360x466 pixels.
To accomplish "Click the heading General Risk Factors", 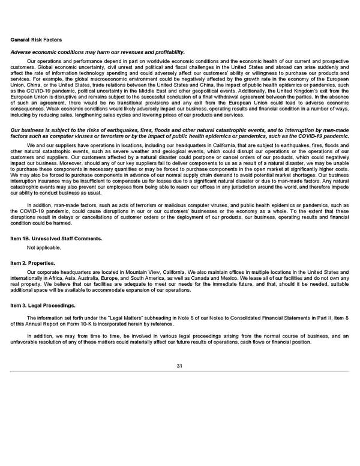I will click(36, 40).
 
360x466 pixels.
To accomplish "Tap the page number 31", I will click(179, 366).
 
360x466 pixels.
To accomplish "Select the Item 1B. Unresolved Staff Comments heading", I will click(56, 238).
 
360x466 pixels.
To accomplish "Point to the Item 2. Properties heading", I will click(34, 263).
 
